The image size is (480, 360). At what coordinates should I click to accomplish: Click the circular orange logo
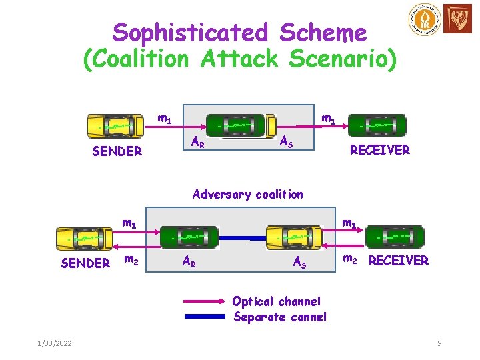click(425, 21)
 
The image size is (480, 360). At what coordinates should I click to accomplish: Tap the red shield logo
click(460, 21)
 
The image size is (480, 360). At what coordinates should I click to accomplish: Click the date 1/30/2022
click(55, 343)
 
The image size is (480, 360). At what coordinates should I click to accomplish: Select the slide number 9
click(439, 343)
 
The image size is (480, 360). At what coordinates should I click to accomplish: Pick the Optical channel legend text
click(277, 302)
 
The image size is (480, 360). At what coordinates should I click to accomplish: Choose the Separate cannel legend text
click(280, 317)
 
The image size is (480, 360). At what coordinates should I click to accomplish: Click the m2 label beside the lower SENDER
click(132, 260)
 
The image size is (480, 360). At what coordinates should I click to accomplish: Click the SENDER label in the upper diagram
click(117, 151)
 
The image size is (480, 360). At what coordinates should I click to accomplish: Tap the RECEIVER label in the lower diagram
click(399, 261)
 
